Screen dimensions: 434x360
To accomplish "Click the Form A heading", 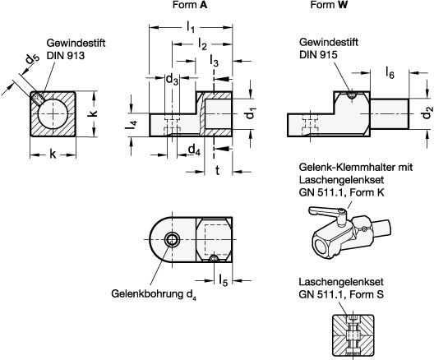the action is click(x=190, y=5).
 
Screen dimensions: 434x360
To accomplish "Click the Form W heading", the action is click(x=329, y=5).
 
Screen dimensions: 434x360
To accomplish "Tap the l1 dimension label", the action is click(x=191, y=27).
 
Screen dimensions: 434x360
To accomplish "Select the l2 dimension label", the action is click(x=202, y=44).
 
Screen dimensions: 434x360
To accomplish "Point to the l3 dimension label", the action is click(x=214, y=61).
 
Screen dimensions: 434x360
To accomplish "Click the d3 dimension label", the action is click(x=172, y=80).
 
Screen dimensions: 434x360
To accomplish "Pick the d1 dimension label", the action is click(x=252, y=113).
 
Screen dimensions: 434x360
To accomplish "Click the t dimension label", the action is click(x=218, y=170).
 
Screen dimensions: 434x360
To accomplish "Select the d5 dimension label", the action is click(x=33, y=59).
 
